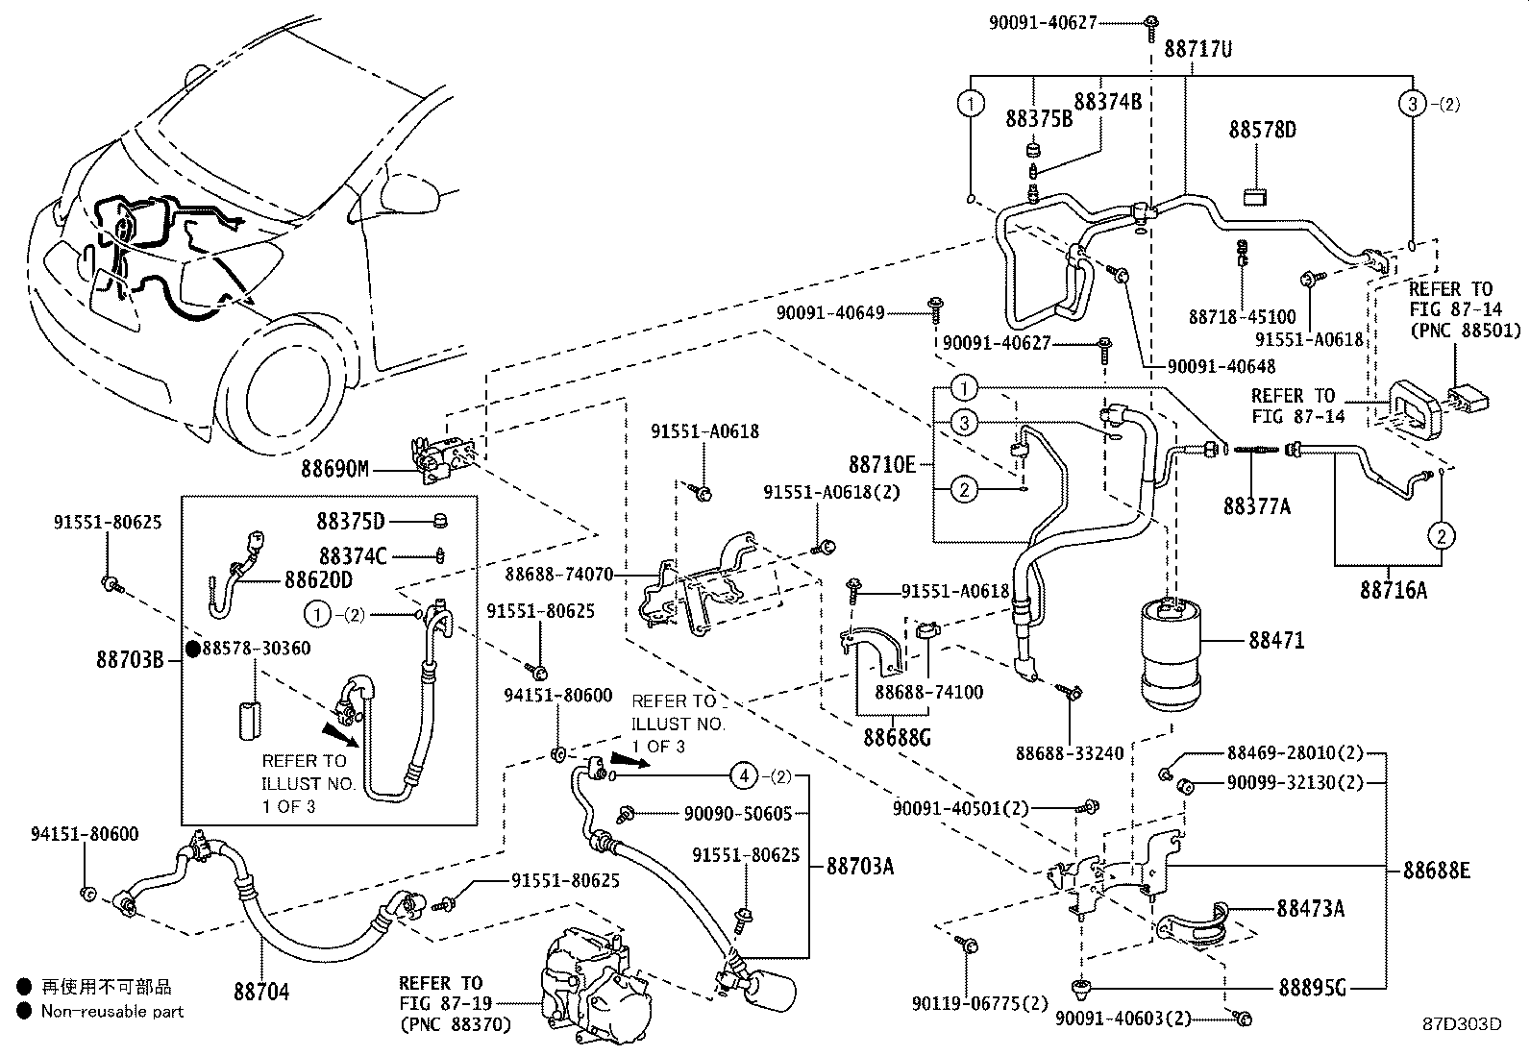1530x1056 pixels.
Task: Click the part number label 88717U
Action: coord(1197,47)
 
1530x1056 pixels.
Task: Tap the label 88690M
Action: coord(333,470)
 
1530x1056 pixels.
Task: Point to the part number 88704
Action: coord(260,991)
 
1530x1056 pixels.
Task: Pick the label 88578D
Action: coord(1261,129)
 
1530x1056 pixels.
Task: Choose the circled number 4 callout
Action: coord(742,774)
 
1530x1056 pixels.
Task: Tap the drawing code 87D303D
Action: coord(1462,1023)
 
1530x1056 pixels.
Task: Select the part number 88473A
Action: coord(1310,907)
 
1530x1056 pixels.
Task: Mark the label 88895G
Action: coord(1312,986)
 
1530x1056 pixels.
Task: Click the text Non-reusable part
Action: coord(111,1011)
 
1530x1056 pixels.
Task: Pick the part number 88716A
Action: coord(1393,590)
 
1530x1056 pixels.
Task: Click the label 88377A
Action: coord(1256,505)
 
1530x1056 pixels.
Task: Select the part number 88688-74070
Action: coord(559,575)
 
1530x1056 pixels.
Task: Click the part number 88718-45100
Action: coord(1242,316)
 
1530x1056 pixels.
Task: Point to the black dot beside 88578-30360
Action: coord(192,650)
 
